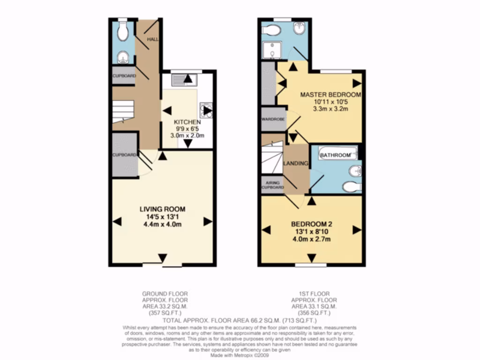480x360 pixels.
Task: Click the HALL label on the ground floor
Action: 152,39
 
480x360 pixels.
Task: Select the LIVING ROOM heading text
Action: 162,209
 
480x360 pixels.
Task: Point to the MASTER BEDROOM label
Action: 330,95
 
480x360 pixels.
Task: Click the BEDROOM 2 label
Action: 311,224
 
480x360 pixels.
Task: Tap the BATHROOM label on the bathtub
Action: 336,155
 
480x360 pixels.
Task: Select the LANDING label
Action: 296,164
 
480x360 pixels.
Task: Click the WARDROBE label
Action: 273,119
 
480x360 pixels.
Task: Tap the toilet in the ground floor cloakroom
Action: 123,32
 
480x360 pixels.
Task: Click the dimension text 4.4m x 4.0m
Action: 162,224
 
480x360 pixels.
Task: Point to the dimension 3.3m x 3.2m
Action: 330,109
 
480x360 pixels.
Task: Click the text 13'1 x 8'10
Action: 311,232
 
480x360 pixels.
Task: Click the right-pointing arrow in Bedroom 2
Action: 356,230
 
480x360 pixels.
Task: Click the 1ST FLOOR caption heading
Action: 314,294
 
